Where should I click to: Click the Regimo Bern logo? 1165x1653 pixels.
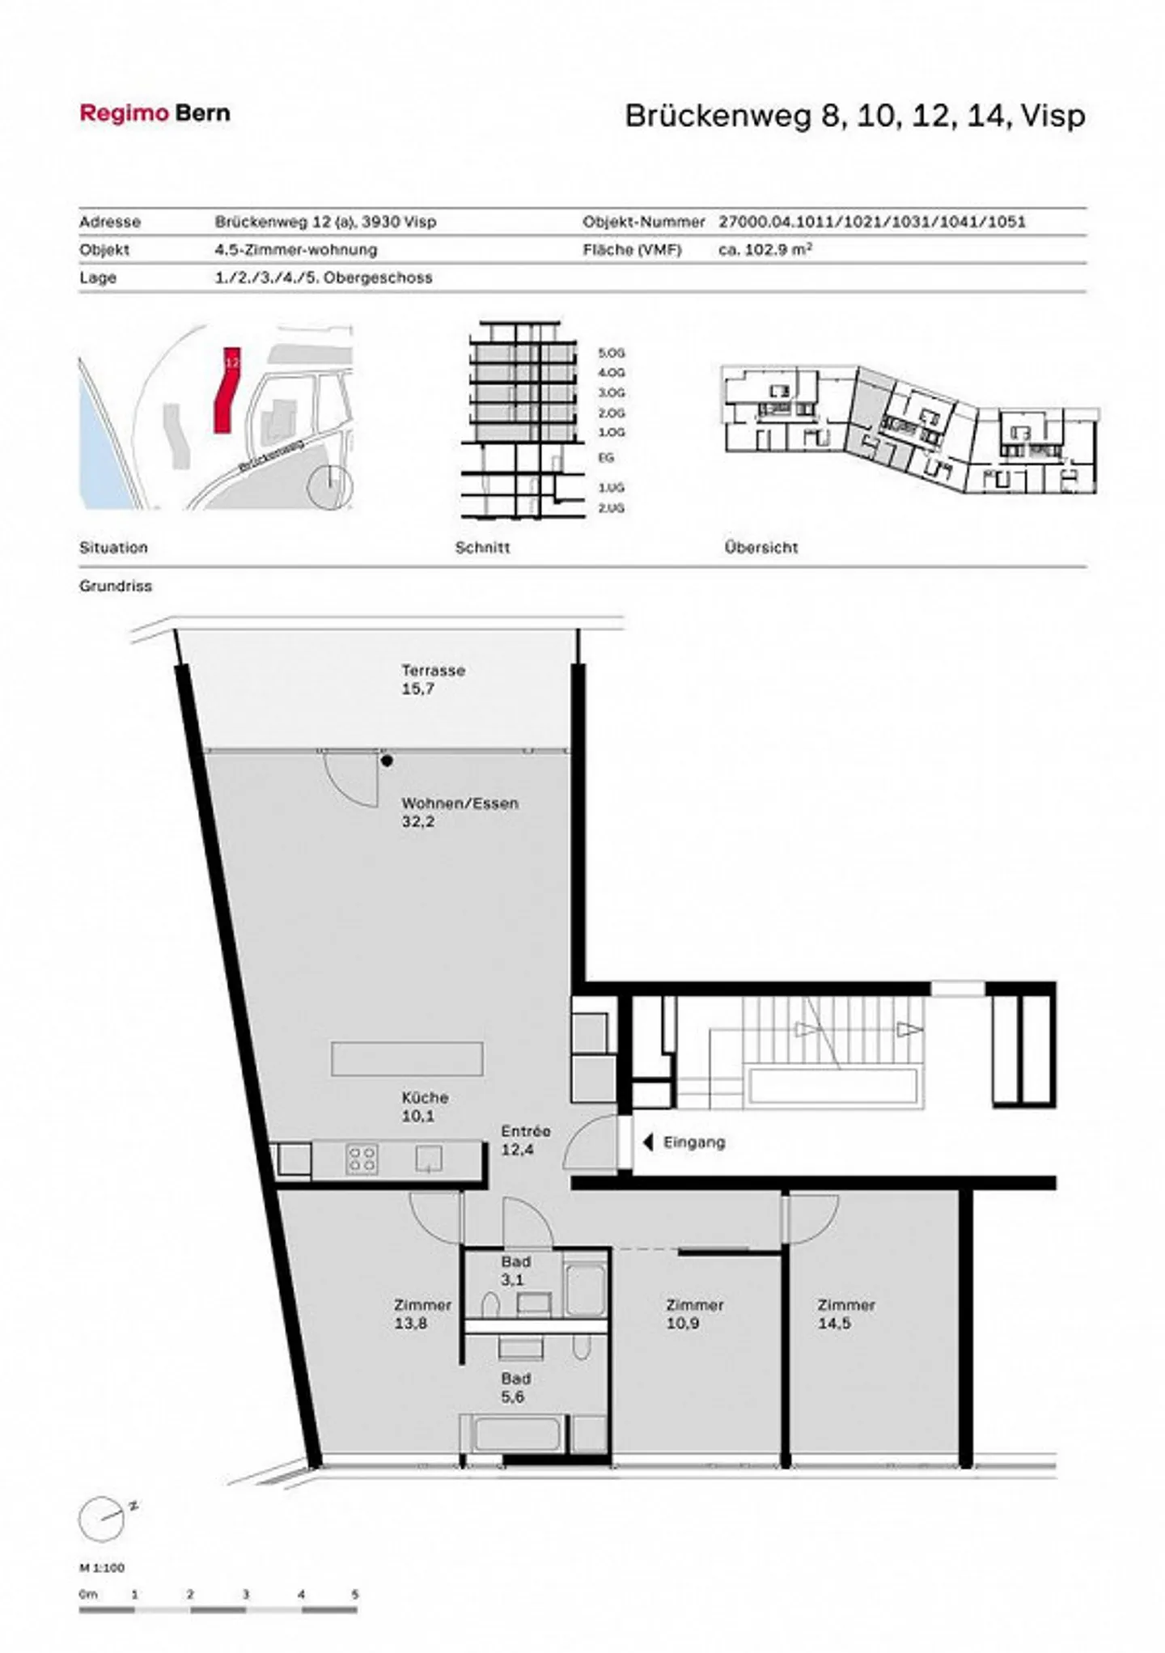tap(155, 113)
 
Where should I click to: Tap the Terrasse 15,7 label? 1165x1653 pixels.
tap(433, 680)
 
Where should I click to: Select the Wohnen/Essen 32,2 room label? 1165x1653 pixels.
tap(459, 812)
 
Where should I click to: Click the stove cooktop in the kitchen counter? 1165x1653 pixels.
tap(362, 1159)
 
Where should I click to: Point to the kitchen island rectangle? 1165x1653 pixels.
tap(407, 1058)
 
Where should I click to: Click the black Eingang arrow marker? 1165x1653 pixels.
tap(647, 1142)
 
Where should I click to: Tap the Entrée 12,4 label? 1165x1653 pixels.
tap(524, 1140)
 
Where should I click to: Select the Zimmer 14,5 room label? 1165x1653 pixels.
tap(845, 1314)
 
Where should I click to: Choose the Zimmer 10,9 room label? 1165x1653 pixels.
tap(694, 1314)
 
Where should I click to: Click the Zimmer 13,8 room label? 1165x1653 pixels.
tap(422, 1314)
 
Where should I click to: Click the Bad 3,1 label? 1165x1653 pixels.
tap(515, 1270)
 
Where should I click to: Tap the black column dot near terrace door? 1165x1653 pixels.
tap(388, 761)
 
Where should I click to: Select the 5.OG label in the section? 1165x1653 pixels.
tap(612, 354)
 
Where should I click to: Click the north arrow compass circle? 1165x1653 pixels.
tap(102, 1519)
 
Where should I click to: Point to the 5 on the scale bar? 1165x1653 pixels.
tap(355, 1595)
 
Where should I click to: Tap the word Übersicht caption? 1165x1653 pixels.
tap(760, 548)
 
